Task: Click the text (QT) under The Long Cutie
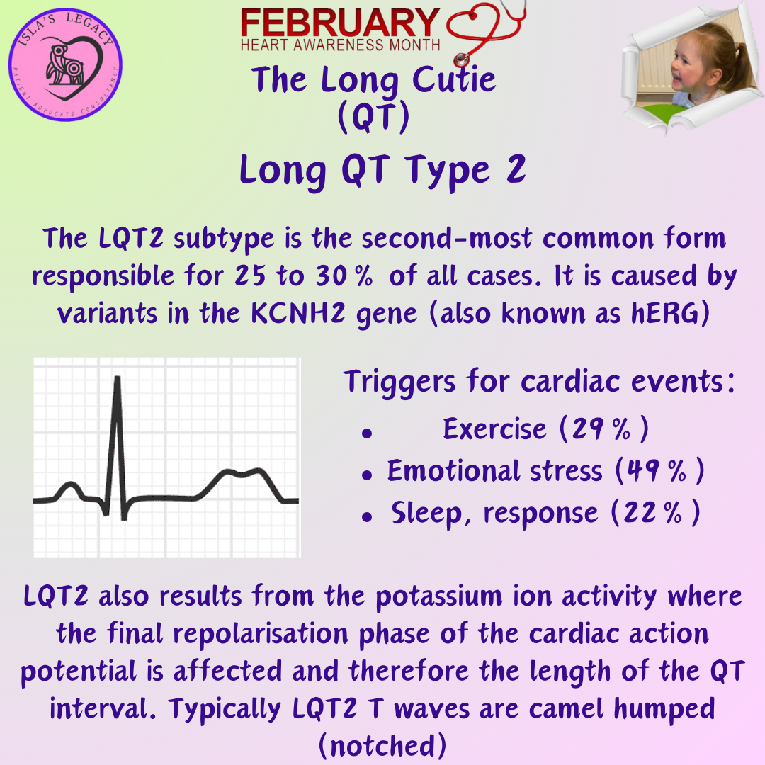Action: pos(373,118)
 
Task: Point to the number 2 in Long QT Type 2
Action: pos(515,171)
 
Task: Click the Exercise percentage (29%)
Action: pos(603,429)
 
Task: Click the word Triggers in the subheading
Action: pos(400,383)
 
